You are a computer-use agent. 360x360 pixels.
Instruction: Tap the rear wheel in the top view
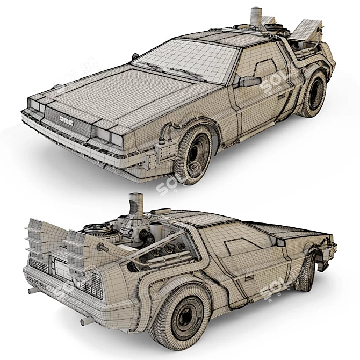click(313, 94)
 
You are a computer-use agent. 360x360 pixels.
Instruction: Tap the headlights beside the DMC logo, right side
click(104, 133)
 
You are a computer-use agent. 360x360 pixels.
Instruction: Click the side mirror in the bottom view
click(279, 242)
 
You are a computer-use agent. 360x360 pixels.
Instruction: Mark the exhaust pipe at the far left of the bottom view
click(33, 291)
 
